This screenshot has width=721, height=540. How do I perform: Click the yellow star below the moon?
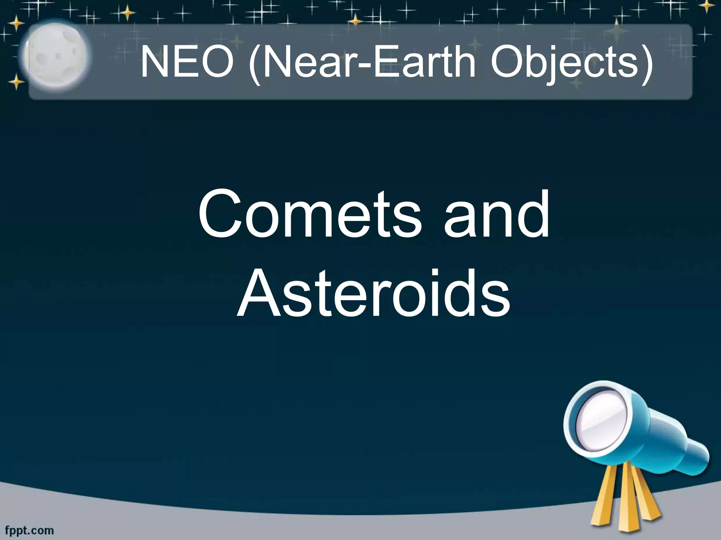point(16,82)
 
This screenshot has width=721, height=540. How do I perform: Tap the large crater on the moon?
point(44,58)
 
